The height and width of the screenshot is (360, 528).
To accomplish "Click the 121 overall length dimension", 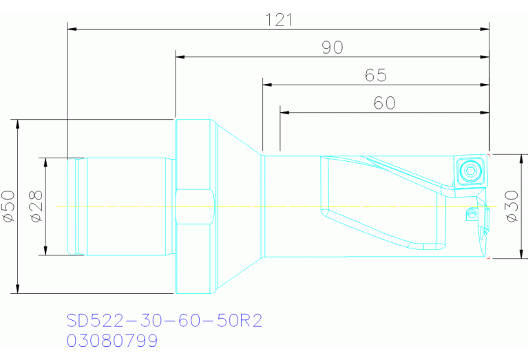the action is (x=279, y=20).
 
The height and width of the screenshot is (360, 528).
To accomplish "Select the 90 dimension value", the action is (x=332, y=47).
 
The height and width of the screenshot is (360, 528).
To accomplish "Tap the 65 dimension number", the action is (x=376, y=75).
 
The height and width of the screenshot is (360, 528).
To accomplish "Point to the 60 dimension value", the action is (x=385, y=103).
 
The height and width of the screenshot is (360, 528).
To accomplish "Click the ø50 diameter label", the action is (x=8, y=206).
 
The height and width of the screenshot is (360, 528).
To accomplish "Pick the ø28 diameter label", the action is (x=36, y=206).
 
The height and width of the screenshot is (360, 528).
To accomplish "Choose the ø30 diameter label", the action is (x=512, y=206).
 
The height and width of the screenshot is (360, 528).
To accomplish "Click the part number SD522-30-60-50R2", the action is (x=165, y=320).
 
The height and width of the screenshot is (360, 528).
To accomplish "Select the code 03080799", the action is (x=112, y=341).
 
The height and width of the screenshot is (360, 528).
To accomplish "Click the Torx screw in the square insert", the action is (x=470, y=171).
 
